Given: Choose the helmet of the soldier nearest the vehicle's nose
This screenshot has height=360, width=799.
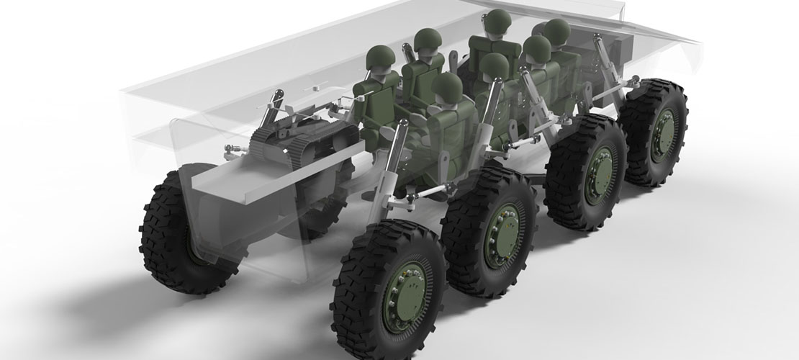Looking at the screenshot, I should [x=556, y=32].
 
